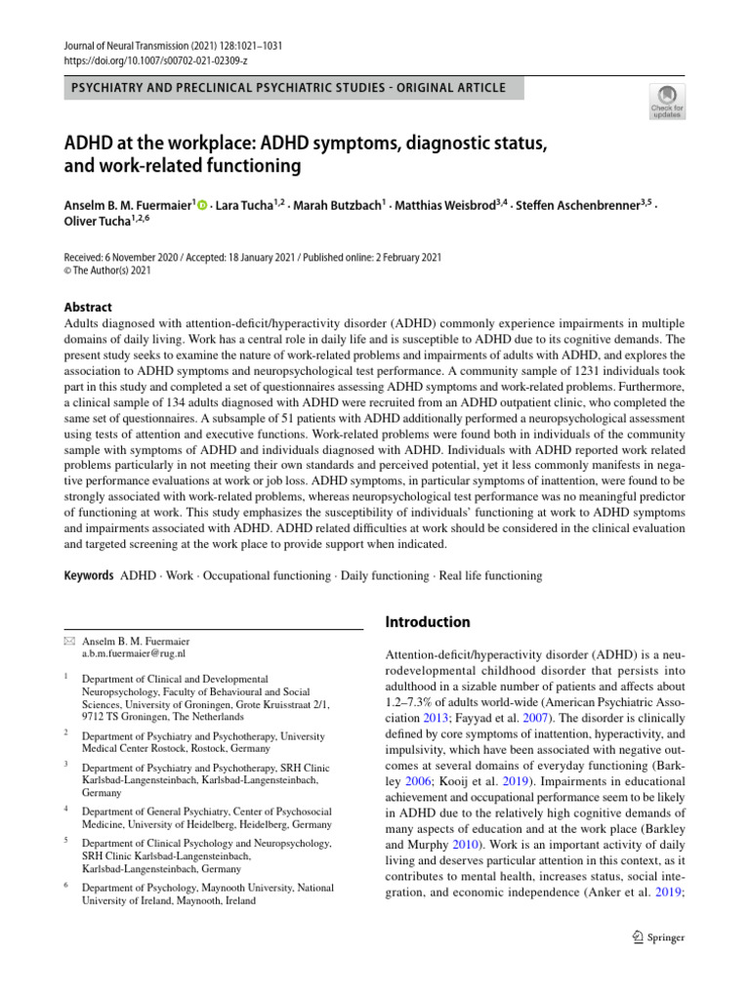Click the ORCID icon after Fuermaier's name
click(203, 206)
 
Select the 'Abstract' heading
click(88, 307)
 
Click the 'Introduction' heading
click(428, 622)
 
